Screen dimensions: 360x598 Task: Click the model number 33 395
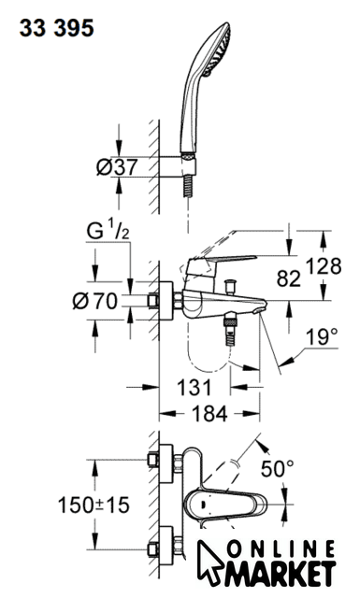click(x=56, y=29)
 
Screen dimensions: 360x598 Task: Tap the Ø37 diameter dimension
click(x=117, y=167)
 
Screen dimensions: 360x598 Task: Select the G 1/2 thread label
click(x=108, y=231)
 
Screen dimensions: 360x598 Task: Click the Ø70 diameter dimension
click(x=95, y=301)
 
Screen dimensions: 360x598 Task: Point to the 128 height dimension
click(x=324, y=265)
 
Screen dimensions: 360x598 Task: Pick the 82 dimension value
click(x=289, y=278)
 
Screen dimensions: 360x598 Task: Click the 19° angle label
click(x=322, y=336)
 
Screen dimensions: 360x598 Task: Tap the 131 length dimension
click(x=194, y=388)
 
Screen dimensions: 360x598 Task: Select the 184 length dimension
click(x=209, y=413)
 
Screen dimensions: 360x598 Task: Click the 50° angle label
click(x=278, y=469)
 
